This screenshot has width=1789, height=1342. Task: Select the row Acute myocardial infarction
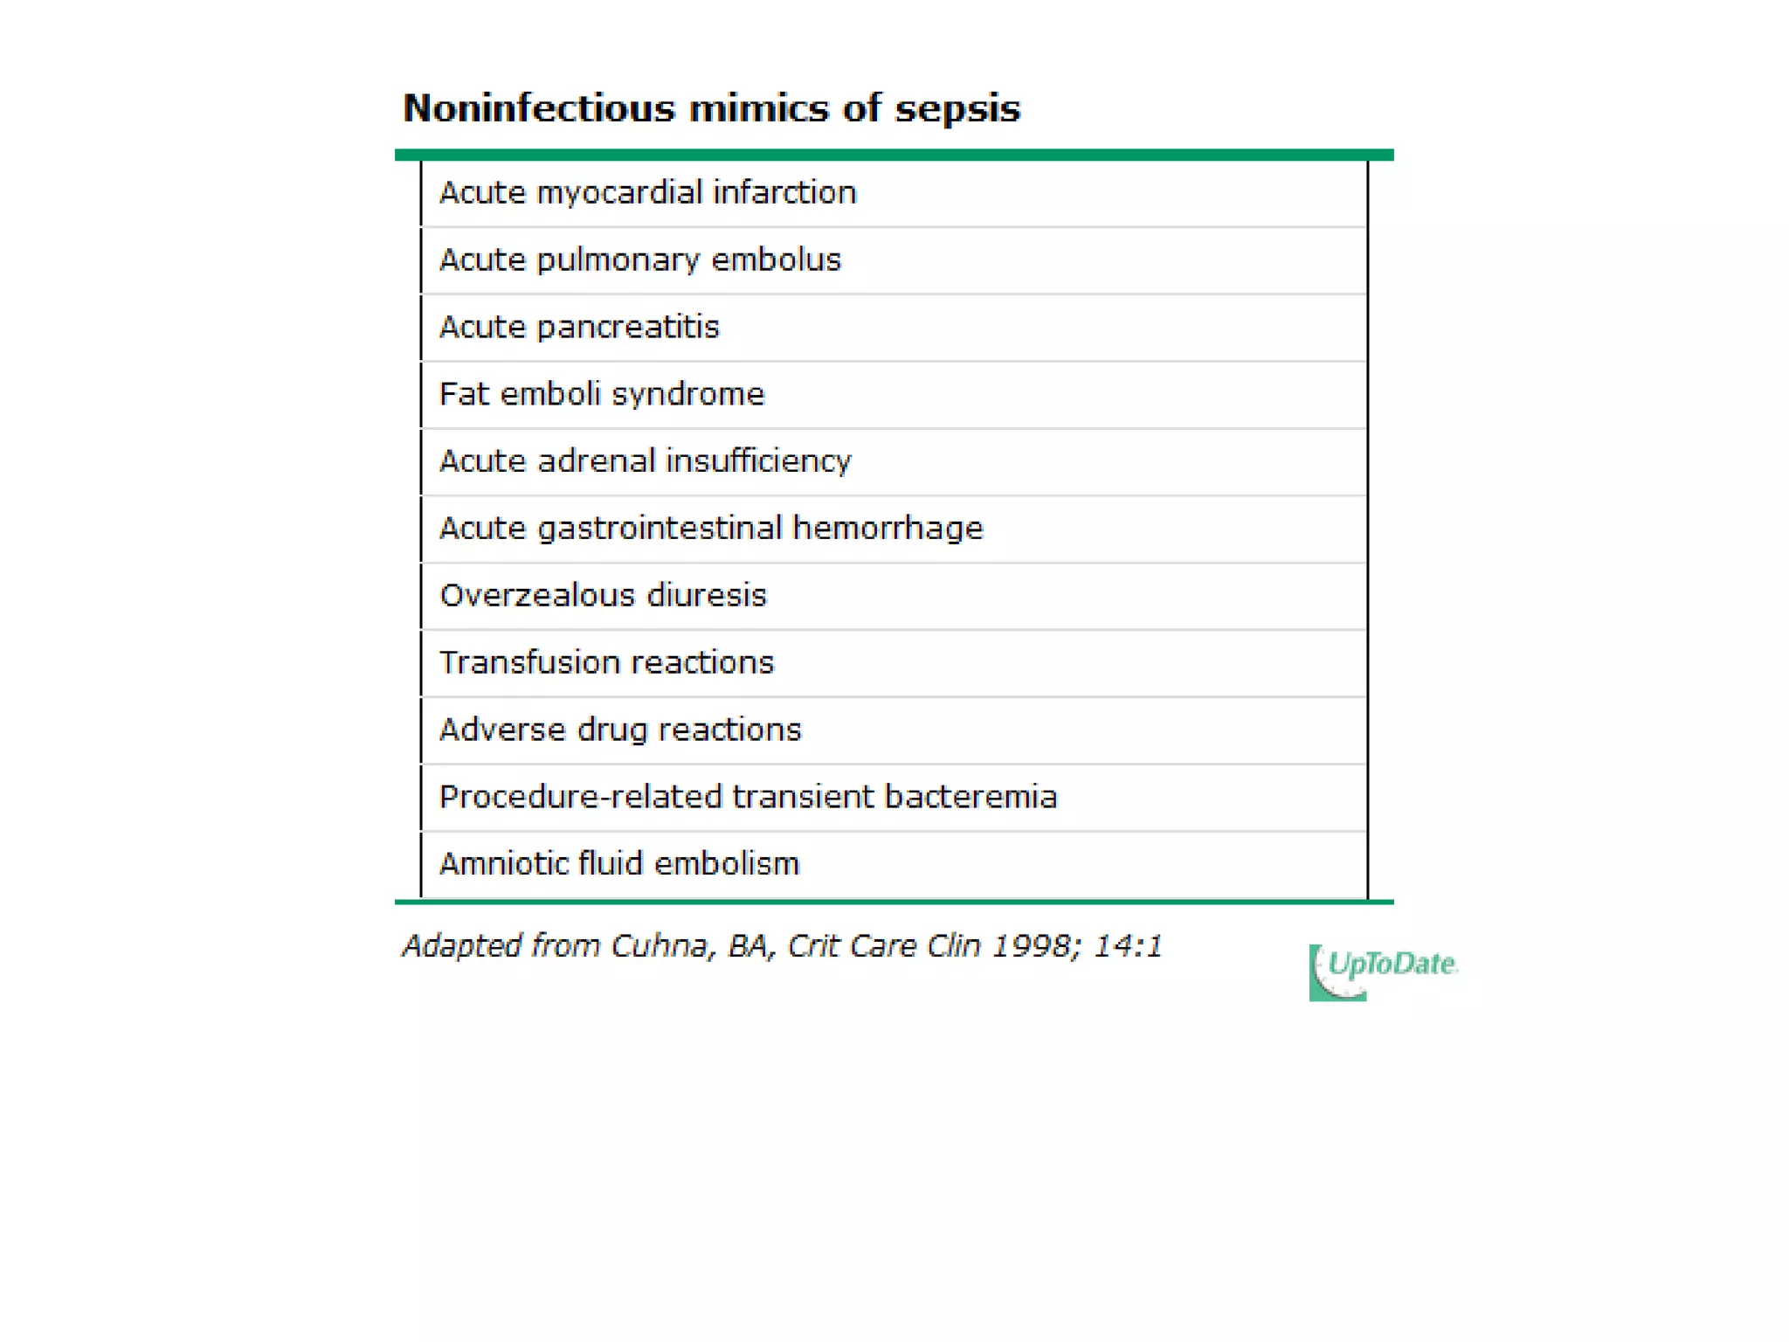click(647, 193)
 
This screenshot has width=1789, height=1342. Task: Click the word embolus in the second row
click(776, 259)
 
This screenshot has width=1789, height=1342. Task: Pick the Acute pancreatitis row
click(579, 327)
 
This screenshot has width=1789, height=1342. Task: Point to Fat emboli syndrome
click(601, 394)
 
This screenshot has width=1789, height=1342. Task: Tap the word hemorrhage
click(888, 529)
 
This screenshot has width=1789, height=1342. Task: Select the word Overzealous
click(536, 595)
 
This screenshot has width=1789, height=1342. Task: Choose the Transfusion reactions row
click(606, 662)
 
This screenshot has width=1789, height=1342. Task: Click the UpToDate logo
click(1382, 970)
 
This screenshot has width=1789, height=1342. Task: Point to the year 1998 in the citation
click(1032, 946)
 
